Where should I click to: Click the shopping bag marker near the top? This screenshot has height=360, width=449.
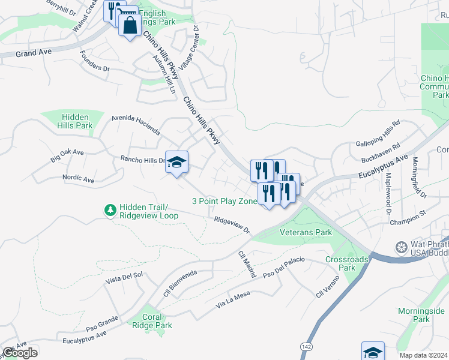[130, 25]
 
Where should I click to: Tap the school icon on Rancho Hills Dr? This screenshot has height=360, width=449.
[176, 162]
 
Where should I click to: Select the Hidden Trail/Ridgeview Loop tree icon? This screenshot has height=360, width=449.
[110, 210]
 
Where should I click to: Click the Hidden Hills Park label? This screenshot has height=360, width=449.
[76, 121]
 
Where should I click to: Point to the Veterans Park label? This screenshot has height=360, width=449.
[306, 232]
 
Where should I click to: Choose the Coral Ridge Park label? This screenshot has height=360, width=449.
[157, 321]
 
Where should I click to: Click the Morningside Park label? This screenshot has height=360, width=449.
[421, 315]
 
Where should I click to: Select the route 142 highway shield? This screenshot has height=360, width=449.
[306, 347]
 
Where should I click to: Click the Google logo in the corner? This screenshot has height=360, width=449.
[20, 352]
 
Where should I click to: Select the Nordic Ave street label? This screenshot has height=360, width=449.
[78, 179]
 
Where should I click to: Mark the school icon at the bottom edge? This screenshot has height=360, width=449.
[372, 351]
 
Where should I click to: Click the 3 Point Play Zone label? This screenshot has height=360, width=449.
[224, 202]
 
